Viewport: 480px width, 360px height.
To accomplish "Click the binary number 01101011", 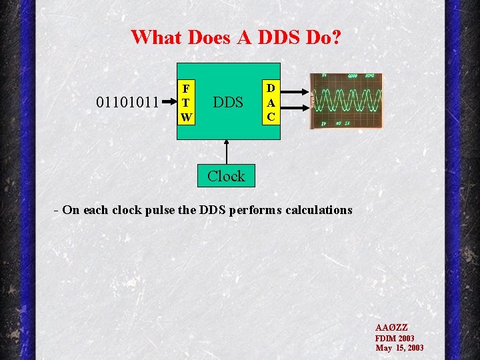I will pos(127,103).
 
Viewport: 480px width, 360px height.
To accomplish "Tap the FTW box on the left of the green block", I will pos(186,103).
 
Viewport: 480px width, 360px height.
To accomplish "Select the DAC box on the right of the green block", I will pos(271,102).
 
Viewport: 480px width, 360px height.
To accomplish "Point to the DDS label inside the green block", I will pos(227,103).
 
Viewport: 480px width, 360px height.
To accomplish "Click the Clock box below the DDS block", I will pos(226,176).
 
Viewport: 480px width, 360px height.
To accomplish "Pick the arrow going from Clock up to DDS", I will pos(227,151).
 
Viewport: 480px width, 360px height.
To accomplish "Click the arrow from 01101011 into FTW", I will pos(168,103).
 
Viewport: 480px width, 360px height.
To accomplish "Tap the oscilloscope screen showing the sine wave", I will pos(347,101).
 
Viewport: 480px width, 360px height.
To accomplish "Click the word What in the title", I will pos(157,37).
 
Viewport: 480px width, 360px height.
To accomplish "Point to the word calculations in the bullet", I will pos(319,210).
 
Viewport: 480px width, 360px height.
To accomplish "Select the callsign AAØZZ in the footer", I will pos(391,328).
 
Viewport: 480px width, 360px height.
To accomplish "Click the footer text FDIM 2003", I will pos(395,338).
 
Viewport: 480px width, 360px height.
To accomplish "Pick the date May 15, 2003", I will pos(399,348).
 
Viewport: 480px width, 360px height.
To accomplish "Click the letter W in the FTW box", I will pos(186,117).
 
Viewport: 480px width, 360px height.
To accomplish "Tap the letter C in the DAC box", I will pos(271,116).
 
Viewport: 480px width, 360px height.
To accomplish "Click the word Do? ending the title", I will pos(323,37).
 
